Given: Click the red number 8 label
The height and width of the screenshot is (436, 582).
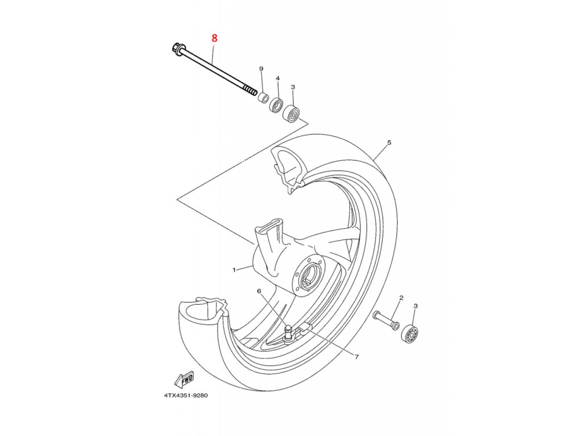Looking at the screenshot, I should point(214,39).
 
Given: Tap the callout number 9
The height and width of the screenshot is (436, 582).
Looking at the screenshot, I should point(261,69).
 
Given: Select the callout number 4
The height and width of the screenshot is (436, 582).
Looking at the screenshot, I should point(278,78).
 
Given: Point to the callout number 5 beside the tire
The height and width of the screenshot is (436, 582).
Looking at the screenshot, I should point(389,142).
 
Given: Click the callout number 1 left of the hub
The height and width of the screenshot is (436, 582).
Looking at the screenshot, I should point(234,270).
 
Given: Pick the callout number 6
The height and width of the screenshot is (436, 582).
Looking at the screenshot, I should point(259,291).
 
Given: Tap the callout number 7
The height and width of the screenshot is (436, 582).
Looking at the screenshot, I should point(356,357).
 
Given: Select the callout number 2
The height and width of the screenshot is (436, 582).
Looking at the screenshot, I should point(401,297).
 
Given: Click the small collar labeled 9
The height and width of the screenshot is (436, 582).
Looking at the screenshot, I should point(263,98).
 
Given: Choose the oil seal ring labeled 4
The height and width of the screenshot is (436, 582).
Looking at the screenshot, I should point(277,105).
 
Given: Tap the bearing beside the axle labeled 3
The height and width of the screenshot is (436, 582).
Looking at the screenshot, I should point(292,113).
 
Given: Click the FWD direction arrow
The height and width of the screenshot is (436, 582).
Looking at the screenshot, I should point(185,379).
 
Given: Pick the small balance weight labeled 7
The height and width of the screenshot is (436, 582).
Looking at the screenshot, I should point(305,326).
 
